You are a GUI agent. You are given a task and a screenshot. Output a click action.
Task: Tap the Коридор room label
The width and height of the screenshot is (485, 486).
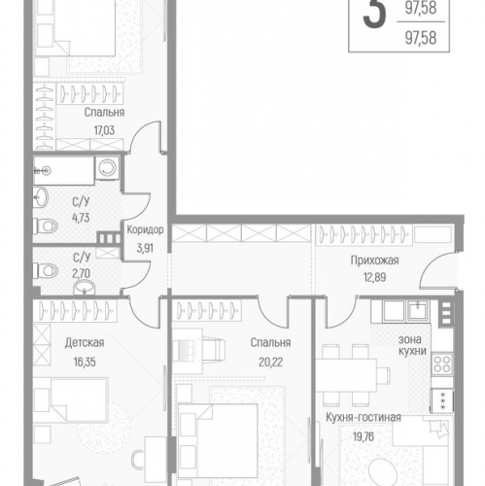145,230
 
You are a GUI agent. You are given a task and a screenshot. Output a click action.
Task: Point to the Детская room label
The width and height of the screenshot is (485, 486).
85,342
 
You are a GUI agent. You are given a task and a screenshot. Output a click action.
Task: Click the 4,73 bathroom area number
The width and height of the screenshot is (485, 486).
82,218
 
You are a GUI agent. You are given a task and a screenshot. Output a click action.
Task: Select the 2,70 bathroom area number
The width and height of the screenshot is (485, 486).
82,273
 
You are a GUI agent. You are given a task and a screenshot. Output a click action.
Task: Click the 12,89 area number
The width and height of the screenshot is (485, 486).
375,278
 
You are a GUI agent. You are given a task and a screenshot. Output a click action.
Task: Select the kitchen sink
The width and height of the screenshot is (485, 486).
416,310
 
